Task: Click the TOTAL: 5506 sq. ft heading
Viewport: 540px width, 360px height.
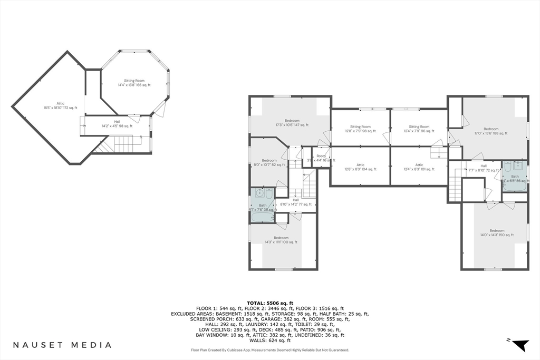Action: click(269, 303)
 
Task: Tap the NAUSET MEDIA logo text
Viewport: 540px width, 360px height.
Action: click(62, 345)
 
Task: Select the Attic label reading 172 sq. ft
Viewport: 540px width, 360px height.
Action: click(60, 106)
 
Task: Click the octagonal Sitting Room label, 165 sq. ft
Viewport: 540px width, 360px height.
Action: click(134, 83)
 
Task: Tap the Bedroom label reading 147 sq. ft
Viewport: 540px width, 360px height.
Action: click(292, 123)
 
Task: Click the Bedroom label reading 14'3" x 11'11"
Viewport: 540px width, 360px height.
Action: click(281, 240)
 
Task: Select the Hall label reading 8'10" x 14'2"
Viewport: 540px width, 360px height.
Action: click(295, 202)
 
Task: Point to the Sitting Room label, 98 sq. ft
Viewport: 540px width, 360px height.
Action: click(360, 129)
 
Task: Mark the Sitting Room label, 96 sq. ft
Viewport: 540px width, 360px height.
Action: click(419, 129)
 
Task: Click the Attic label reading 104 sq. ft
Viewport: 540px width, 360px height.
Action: click(360, 167)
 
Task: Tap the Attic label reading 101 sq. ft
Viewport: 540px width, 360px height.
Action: click(419, 167)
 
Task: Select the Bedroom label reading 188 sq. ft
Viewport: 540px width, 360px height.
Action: click(491, 131)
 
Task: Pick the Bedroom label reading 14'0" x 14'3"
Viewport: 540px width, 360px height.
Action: click(497, 232)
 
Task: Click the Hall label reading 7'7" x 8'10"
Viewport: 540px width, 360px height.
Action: click(483, 168)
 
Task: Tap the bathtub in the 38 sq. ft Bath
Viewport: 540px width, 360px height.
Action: click(262, 217)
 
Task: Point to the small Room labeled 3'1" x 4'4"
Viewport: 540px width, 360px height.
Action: click(321, 158)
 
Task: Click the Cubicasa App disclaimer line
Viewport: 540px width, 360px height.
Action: click(269, 350)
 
